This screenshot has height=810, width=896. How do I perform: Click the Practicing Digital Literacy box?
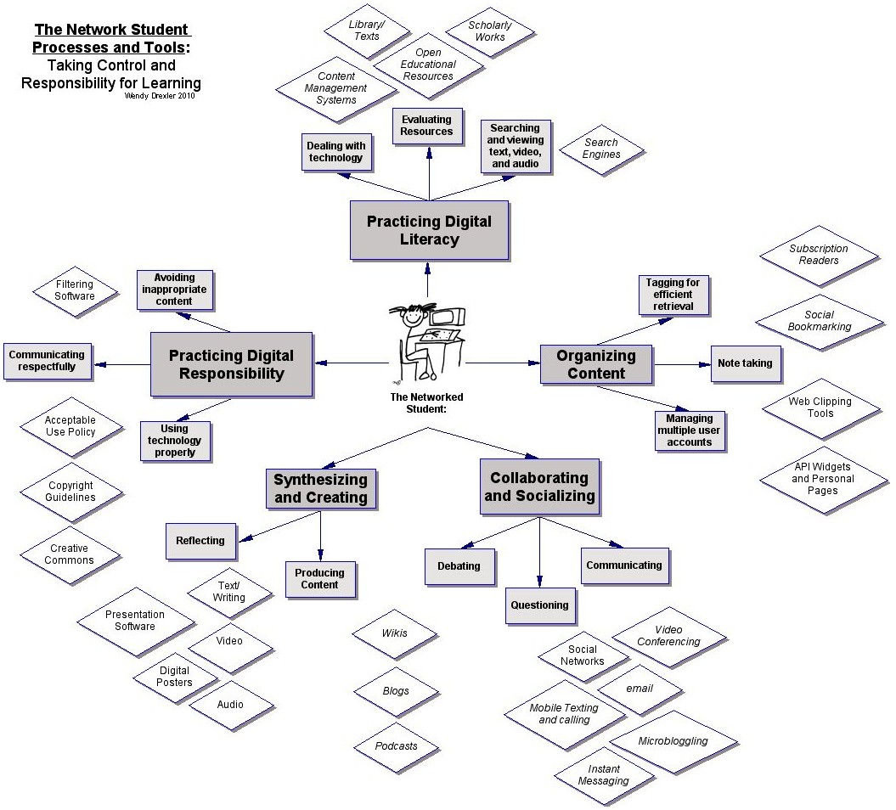(429, 230)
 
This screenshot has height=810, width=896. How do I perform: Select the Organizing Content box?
(596, 364)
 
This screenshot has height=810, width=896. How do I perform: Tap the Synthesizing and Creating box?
(320, 488)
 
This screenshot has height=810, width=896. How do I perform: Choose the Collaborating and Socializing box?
(539, 487)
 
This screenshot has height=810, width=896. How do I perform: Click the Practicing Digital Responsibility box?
(231, 364)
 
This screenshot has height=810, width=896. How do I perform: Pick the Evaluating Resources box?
(427, 126)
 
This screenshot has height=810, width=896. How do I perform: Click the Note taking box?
(745, 363)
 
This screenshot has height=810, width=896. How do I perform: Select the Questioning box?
(539, 605)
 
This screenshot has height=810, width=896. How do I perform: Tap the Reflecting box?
(200, 541)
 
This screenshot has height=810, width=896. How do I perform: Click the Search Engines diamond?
(601, 149)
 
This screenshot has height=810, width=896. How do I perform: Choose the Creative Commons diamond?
(70, 554)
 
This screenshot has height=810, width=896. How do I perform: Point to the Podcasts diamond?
(397, 745)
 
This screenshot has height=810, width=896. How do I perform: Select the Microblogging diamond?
(672, 740)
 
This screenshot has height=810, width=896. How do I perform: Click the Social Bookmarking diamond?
(819, 321)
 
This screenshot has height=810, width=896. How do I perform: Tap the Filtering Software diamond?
(75, 290)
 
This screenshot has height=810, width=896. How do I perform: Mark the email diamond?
(640, 689)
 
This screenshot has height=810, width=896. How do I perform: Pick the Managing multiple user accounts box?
(690, 430)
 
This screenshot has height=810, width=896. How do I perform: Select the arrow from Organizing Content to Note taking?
(682, 364)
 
